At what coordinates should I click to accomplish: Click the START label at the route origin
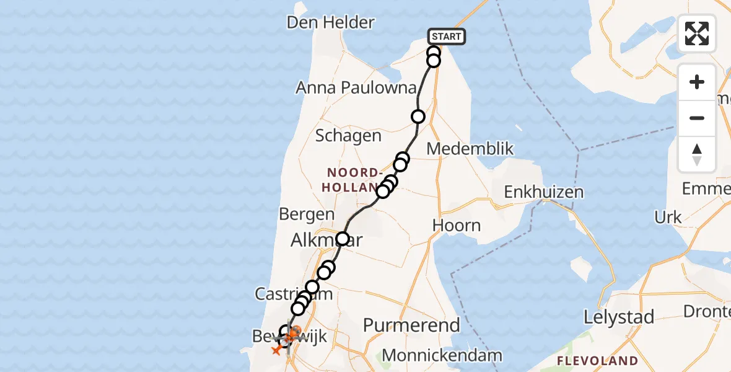coord(446,37)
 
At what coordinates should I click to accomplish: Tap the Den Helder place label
coord(331,23)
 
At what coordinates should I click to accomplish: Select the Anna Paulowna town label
coord(356,88)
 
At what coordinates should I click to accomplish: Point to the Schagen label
coord(349,136)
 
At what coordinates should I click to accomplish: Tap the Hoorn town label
coord(457,225)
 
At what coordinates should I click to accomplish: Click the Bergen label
coord(307,215)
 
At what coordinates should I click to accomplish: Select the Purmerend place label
coord(411,325)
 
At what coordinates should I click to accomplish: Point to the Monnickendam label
coord(442,355)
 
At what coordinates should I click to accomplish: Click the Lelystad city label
coord(619,318)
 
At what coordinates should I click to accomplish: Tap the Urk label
coord(667,218)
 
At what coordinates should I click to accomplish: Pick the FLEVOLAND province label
coord(597,361)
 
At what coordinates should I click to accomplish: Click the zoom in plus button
coord(697,82)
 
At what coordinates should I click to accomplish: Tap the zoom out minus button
coord(697,118)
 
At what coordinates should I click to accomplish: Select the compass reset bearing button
coord(697,154)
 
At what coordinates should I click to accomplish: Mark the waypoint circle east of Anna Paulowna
coord(418,116)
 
